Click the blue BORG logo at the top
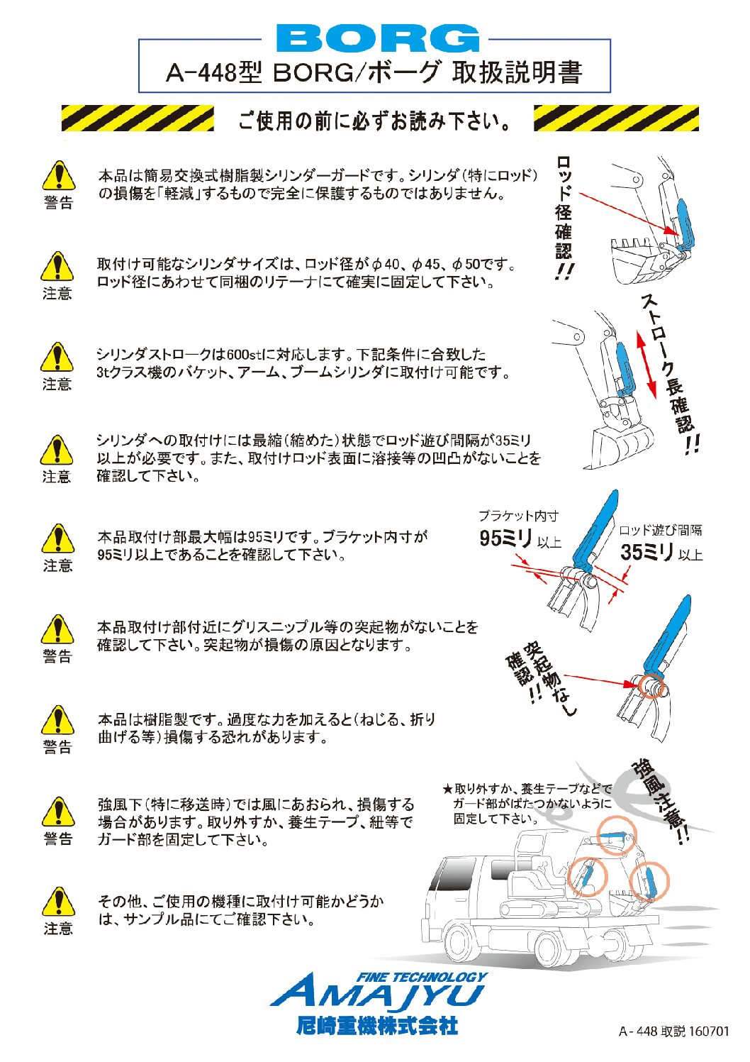point(376,39)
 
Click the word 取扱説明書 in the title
point(517,72)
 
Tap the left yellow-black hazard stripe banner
point(138,118)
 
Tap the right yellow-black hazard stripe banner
point(615,118)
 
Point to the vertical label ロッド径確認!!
point(564,217)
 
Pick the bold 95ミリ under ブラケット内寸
point(505,539)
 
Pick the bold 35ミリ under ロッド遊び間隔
point(647,552)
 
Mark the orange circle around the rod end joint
point(651,685)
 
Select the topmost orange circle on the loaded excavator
point(615,837)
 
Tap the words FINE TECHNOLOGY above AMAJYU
point(421,977)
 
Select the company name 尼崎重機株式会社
point(376,1025)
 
